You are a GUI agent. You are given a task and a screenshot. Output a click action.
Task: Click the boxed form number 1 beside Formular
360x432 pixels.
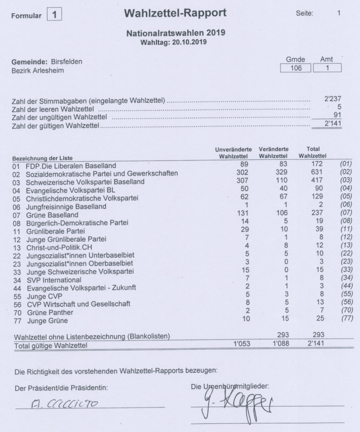pos(54,15)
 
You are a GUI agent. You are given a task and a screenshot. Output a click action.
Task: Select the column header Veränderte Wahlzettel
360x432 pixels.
pos(273,153)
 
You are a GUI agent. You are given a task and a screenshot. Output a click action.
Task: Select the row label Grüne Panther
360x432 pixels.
pos(51,312)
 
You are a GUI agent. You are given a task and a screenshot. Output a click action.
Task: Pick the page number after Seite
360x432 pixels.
pos(339,14)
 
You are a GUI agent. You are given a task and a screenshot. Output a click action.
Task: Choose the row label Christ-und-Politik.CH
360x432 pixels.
pos(56,247)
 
